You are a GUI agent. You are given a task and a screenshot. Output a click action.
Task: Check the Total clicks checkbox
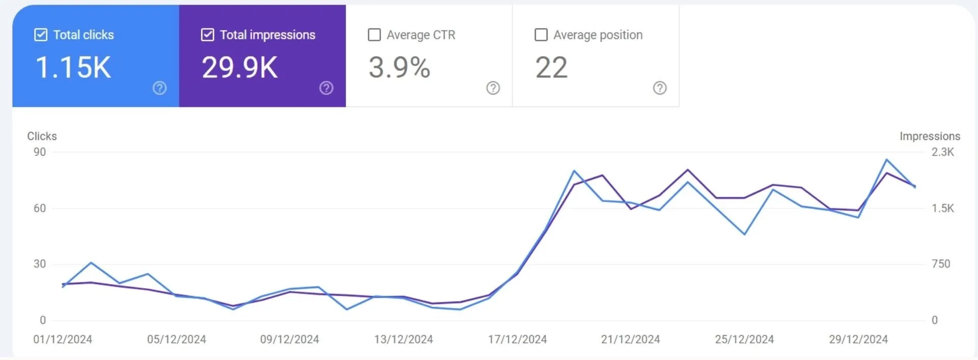pyautogui.click(x=41, y=35)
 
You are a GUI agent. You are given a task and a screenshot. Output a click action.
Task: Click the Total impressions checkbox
pyautogui.click(x=207, y=35)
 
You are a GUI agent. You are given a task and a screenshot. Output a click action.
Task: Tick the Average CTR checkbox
pyautogui.click(x=374, y=35)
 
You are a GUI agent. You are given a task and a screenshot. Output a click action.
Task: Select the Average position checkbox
pyautogui.click(x=541, y=35)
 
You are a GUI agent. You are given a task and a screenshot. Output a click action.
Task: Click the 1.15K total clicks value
pyautogui.click(x=73, y=67)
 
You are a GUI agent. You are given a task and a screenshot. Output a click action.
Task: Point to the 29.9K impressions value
pyautogui.click(x=240, y=67)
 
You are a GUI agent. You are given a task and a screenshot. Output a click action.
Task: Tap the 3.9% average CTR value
pyautogui.click(x=399, y=67)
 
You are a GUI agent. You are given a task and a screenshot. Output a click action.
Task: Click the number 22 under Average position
pyautogui.click(x=551, y=67)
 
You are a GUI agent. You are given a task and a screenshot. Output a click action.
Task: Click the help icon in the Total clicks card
pyautogui.click(x=159, y=88)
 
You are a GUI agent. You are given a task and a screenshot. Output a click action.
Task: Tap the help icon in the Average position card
pyautogui.click(x=660, y=88)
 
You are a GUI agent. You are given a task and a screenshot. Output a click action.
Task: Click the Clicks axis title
pyautogui.click(x=42, y=136)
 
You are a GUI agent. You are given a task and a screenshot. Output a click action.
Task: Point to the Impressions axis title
pyautogui.click(x=930, y=136)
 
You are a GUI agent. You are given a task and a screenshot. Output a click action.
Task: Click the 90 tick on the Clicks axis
pyautogui.click(x=40, y=152)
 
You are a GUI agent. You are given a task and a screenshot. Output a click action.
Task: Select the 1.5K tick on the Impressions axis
pyautogui.click(x=943, y=208)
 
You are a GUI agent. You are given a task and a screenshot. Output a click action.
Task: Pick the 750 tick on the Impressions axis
pyautogui.click(x=941, y=264)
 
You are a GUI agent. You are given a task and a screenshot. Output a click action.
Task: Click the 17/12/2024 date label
pyautogui.click(x=517, y=339)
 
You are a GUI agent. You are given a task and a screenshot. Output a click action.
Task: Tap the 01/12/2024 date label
pyautogui.click(x=63, y=339)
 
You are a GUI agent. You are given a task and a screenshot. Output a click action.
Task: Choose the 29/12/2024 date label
pyautogui.click(x=858, y=339)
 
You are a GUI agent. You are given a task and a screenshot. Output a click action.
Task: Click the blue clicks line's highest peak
pyautogui.click(x=887, y=160)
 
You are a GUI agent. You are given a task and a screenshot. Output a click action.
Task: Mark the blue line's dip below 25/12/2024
pyautogui.click(x=745, y=234)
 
